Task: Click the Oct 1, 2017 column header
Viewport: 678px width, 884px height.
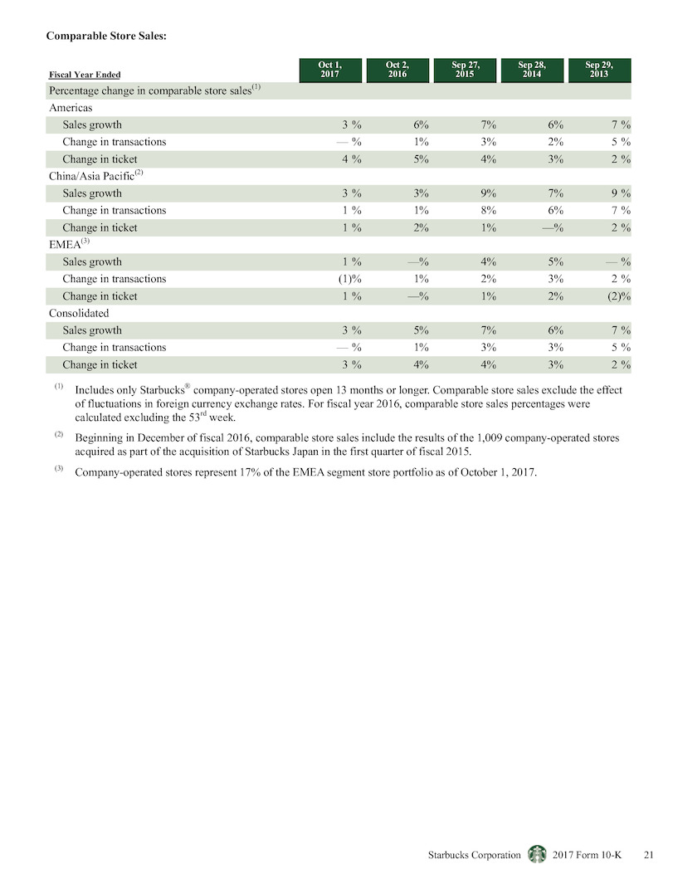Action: tap(330, 70)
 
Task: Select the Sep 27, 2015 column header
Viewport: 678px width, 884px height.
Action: tap(465, 70)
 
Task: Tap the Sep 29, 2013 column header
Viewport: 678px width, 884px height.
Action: tap(599, 70)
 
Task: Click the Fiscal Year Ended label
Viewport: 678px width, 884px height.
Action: tap(85, 75)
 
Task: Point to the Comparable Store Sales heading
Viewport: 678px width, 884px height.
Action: tap(106, 36)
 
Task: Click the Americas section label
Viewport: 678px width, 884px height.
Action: tap(71, 108)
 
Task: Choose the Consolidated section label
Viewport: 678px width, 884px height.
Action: tap(79, 314)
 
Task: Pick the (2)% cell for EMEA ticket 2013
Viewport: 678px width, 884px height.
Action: tap(619, 296)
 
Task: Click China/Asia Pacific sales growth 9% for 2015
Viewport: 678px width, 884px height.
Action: tap(489, 193)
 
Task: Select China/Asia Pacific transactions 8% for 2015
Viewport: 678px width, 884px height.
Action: tap(489, 210)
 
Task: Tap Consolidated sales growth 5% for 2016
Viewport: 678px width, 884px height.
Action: tap(421, 330)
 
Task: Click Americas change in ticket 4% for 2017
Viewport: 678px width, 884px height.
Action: tap(352, 159)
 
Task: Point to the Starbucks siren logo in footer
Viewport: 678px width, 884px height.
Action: tap(537, 854)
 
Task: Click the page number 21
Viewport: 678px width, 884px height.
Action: tap(649, 855)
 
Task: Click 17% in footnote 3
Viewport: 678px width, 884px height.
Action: tap(250, 472)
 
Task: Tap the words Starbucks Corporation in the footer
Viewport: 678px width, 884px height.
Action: tap(475, 855)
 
